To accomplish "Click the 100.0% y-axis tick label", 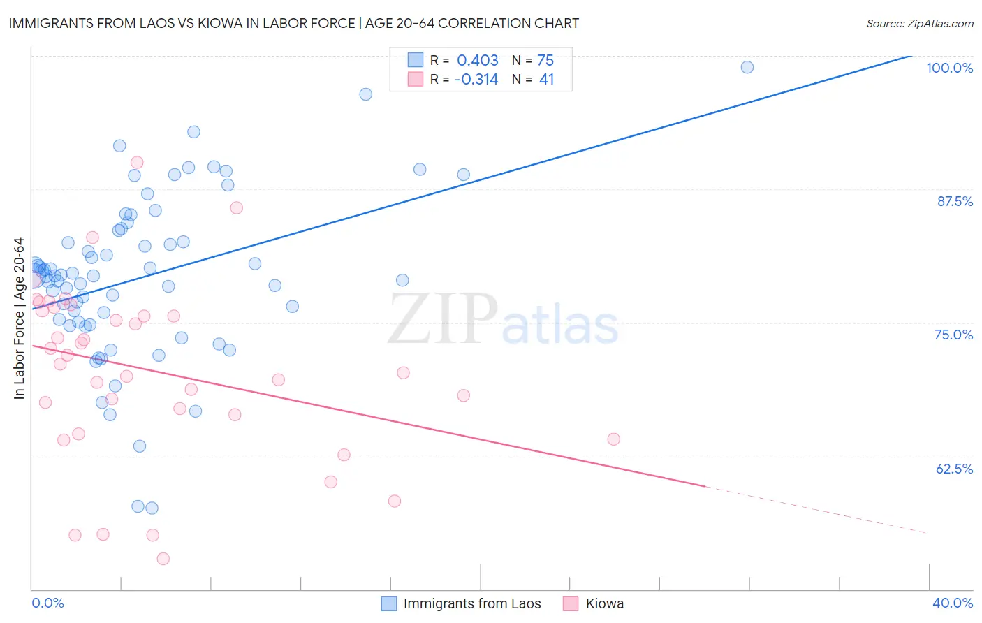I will (x=949, y=68).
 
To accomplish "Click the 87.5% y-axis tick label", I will (x=955, y=201).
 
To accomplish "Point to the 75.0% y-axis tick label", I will (x=953, y=335).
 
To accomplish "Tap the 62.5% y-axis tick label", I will (x=954, y=469).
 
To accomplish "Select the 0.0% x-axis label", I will (x=47, y=603).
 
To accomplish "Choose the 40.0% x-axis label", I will (x=953, y=603).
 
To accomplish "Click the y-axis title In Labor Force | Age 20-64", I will (x=19, y=318).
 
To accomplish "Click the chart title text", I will (x=293, y=23).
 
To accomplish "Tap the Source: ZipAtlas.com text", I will (x=919, y=23).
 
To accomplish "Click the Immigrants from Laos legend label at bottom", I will (x=472, y=603).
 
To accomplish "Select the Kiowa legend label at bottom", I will (x=605, y=603).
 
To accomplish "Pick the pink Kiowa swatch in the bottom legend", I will (x=571, y=603).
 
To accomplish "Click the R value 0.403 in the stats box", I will (x=477, y=61).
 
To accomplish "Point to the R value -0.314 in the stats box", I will (x=476, y=80).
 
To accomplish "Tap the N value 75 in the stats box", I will (x=545, y=61).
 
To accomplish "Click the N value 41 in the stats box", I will (x=546, y=80).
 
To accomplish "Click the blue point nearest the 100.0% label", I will (x=747, y=67).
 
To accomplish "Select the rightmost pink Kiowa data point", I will (x=613, y=439).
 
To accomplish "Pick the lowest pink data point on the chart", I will (x=163, y=559).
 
